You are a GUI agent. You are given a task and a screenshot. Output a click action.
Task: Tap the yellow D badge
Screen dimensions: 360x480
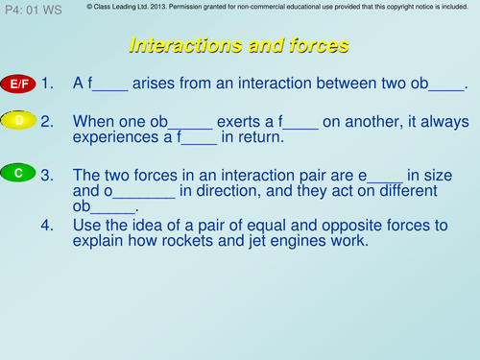[x=19, y=120]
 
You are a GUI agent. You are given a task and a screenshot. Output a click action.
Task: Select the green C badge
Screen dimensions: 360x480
[x=19, y=173]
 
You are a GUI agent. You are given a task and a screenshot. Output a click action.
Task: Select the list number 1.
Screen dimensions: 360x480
[x=48, y=84]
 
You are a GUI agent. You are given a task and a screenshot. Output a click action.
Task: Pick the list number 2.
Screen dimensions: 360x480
[x=48, y=122]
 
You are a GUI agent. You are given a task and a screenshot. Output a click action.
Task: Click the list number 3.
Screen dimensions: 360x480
[x=48, y=174]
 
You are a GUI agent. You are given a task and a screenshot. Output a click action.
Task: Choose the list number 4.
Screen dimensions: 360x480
[x=48, y=226]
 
